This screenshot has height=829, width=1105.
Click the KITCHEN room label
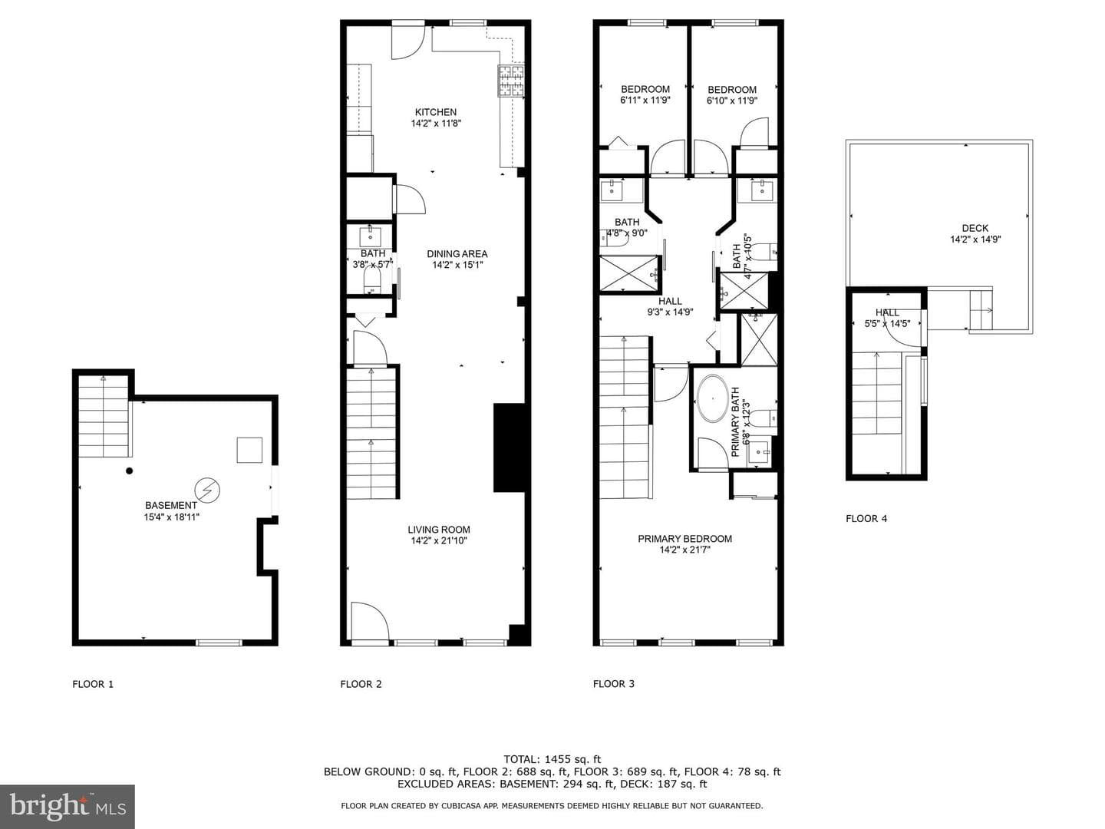pyautogui.click(x=435, y=112)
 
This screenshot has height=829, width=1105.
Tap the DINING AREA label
pyautogui.click(x=457, y=254)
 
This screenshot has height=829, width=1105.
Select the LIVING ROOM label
pyautogui.click(x=438, y=530)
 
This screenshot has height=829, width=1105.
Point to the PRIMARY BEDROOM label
pyautogui.click(x=684, y=539)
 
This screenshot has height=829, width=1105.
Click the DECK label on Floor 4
pyautogui.click(x=975, y=229)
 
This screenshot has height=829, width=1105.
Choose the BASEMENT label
pyautogui.click(x=171, y=505)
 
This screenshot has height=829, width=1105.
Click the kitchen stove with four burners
pyautogui.click(x=511, y=81)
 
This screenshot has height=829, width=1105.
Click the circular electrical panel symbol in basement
pyautogui.click(x=207, y=489)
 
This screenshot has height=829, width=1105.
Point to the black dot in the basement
pyautogui.click(x=130, y=471)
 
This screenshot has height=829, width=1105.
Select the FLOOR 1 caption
pyautogui.click(x=93, y=684)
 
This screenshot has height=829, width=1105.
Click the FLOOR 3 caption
pyautogui.click(x=614, y=683)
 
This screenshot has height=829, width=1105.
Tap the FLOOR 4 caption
pyautogui.click(x=866, y=518)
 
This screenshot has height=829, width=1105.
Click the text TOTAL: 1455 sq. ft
pyautogui.click(x=552, y=759)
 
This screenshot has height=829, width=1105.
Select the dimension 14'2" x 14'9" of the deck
pyautogui.click(x=975, y=239)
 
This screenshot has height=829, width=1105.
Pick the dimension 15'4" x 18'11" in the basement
pyautogui.click(x=171, y=517)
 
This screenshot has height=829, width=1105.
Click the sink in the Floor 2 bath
pyautogui.click(x=371, y=237)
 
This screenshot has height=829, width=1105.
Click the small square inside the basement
pyautogui.click(x=249, y=450)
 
